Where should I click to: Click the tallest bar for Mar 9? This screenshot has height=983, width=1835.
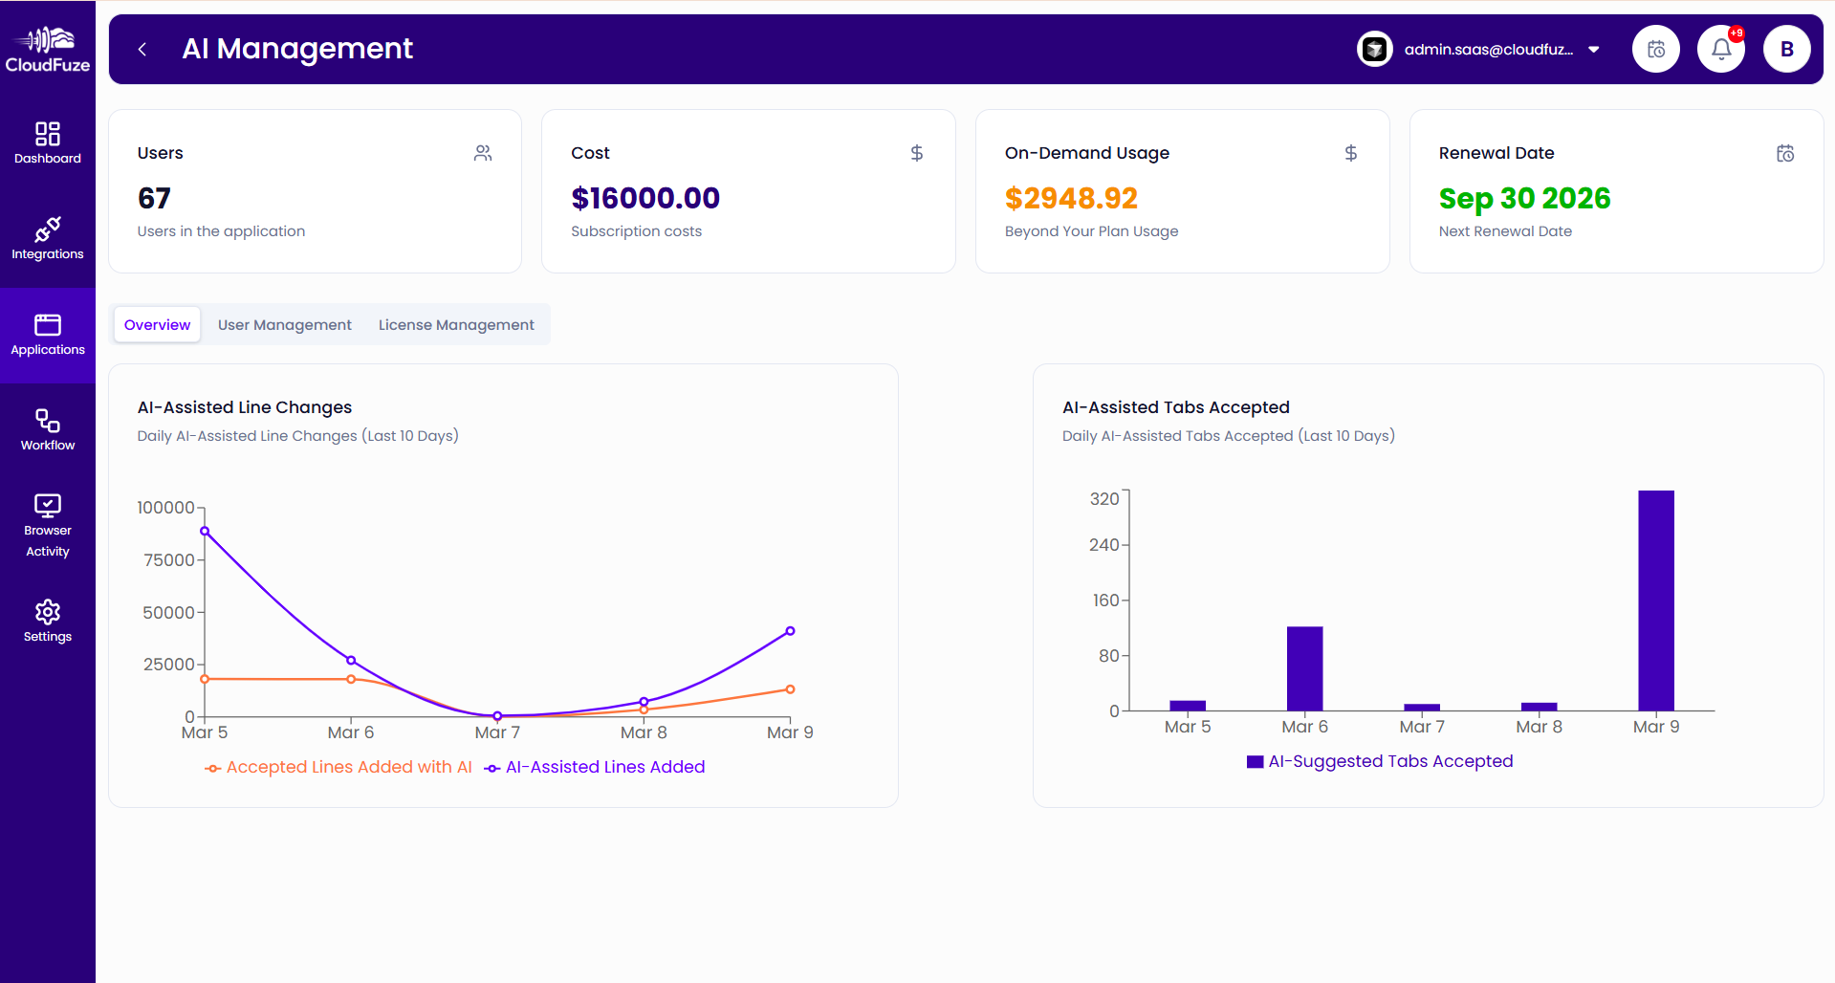click(x=1655, y=601)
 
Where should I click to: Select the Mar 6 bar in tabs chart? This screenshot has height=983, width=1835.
click(x=1304, y=668)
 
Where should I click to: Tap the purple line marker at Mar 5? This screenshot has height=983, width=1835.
click(x=205, y=531)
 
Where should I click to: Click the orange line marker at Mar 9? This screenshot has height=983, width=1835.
click(x=790, y=689)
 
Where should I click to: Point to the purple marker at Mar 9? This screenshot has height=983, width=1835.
click(x=790, y=631)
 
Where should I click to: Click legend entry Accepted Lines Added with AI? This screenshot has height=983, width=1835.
click(x=339, y=767)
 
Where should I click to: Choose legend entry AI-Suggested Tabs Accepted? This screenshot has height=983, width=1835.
click(x=1380, y=761)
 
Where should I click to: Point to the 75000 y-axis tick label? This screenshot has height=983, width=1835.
click(x=168, y=560)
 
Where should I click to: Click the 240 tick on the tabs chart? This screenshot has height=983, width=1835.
click(x=1103, y=545)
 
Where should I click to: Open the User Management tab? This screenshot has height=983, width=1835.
click(x=284, y=325)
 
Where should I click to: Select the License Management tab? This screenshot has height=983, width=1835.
click(x=456, y=325)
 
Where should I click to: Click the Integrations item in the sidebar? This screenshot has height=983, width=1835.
click(x=48, y=239)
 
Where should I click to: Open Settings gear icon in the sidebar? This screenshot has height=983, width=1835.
click(x=48, y=612)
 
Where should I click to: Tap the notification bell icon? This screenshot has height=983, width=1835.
click(x=1720, y=49)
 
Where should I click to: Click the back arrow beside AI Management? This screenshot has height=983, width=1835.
click(x=142, y=49)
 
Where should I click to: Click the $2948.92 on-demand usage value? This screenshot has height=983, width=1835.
click(x=1071, y=198)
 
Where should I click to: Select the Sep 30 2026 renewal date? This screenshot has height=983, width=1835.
click(x=1524, y=198)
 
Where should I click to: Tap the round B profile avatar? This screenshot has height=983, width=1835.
click(x=1786, y=49)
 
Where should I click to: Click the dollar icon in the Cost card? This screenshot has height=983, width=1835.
click(x=916, y=153)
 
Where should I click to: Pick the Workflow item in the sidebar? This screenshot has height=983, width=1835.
click(x=48, y=430)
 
